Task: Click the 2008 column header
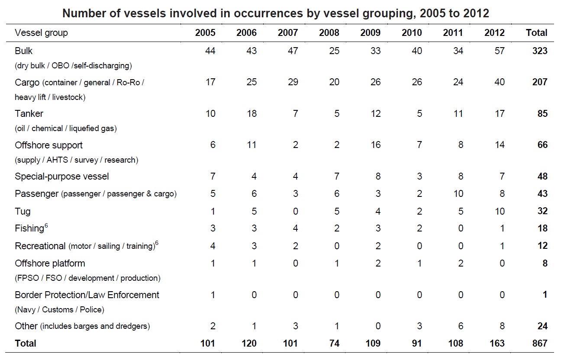point(329,33)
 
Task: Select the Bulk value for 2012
point(499,51)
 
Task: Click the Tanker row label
point(29,114)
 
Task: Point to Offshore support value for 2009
point(375,145)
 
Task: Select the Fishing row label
point(29,228)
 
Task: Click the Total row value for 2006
point(247,344)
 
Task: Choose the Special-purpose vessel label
point(61,177)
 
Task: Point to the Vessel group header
point(41,33)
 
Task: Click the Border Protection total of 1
point(545,295)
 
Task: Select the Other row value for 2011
point(460,326)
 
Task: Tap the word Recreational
point(40,246)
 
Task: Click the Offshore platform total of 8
point(545,264)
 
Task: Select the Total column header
point(536,33)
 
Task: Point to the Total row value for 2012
point(497,344)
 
